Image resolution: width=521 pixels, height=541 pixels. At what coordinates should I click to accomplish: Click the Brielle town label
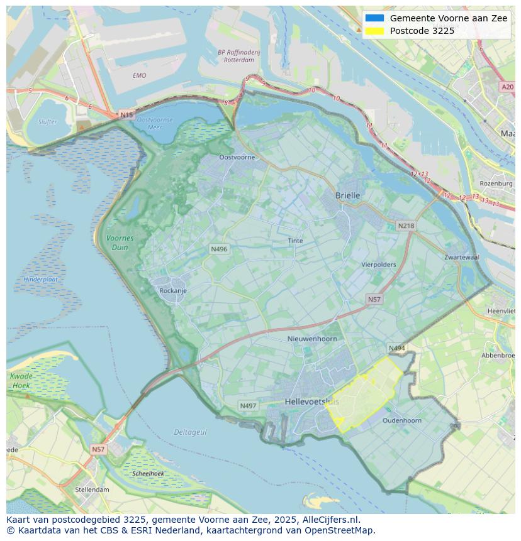click(x=348, y=195)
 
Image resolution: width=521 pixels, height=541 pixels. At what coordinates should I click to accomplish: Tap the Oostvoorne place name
click(x=237, y=157)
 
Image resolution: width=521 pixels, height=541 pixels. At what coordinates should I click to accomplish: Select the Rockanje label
click(x=173, y=291)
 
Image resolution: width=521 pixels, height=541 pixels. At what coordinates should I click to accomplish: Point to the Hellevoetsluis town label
click(x=311, y=402)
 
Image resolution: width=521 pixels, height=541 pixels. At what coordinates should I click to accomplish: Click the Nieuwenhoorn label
click(x=312, y=339)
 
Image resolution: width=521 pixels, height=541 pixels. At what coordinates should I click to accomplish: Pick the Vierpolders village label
click(x=379, y=265)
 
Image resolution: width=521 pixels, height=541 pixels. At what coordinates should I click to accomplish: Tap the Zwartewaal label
click(x=461, y=258)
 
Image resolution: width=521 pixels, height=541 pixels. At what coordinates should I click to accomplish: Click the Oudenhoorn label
click(x=402, y=420)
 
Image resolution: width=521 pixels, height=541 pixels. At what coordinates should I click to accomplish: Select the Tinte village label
click(x=295, y=241)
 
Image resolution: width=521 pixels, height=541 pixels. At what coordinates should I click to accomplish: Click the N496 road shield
click(x=219, y=249)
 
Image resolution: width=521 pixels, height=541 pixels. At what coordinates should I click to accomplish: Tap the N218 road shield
click(x=406, y=226)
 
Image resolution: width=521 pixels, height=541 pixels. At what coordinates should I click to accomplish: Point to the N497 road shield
click(x=249, y=406)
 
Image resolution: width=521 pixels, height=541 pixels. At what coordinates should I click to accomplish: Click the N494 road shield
click(x=396, y=348)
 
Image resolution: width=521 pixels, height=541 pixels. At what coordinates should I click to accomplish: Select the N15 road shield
click(x=126, y=115)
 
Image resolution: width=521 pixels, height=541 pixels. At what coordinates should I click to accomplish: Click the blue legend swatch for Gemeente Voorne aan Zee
click(x=374, y=18)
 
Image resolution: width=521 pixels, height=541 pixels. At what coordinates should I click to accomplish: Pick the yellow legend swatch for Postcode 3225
click(x=374, y=31)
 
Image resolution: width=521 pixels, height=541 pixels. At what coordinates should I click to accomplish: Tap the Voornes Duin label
click(x=120, y=243)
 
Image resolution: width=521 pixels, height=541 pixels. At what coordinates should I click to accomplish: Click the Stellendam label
click(x=92, y=489)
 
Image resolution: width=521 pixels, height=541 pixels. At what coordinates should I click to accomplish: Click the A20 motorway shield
click(x=507, y=87)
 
